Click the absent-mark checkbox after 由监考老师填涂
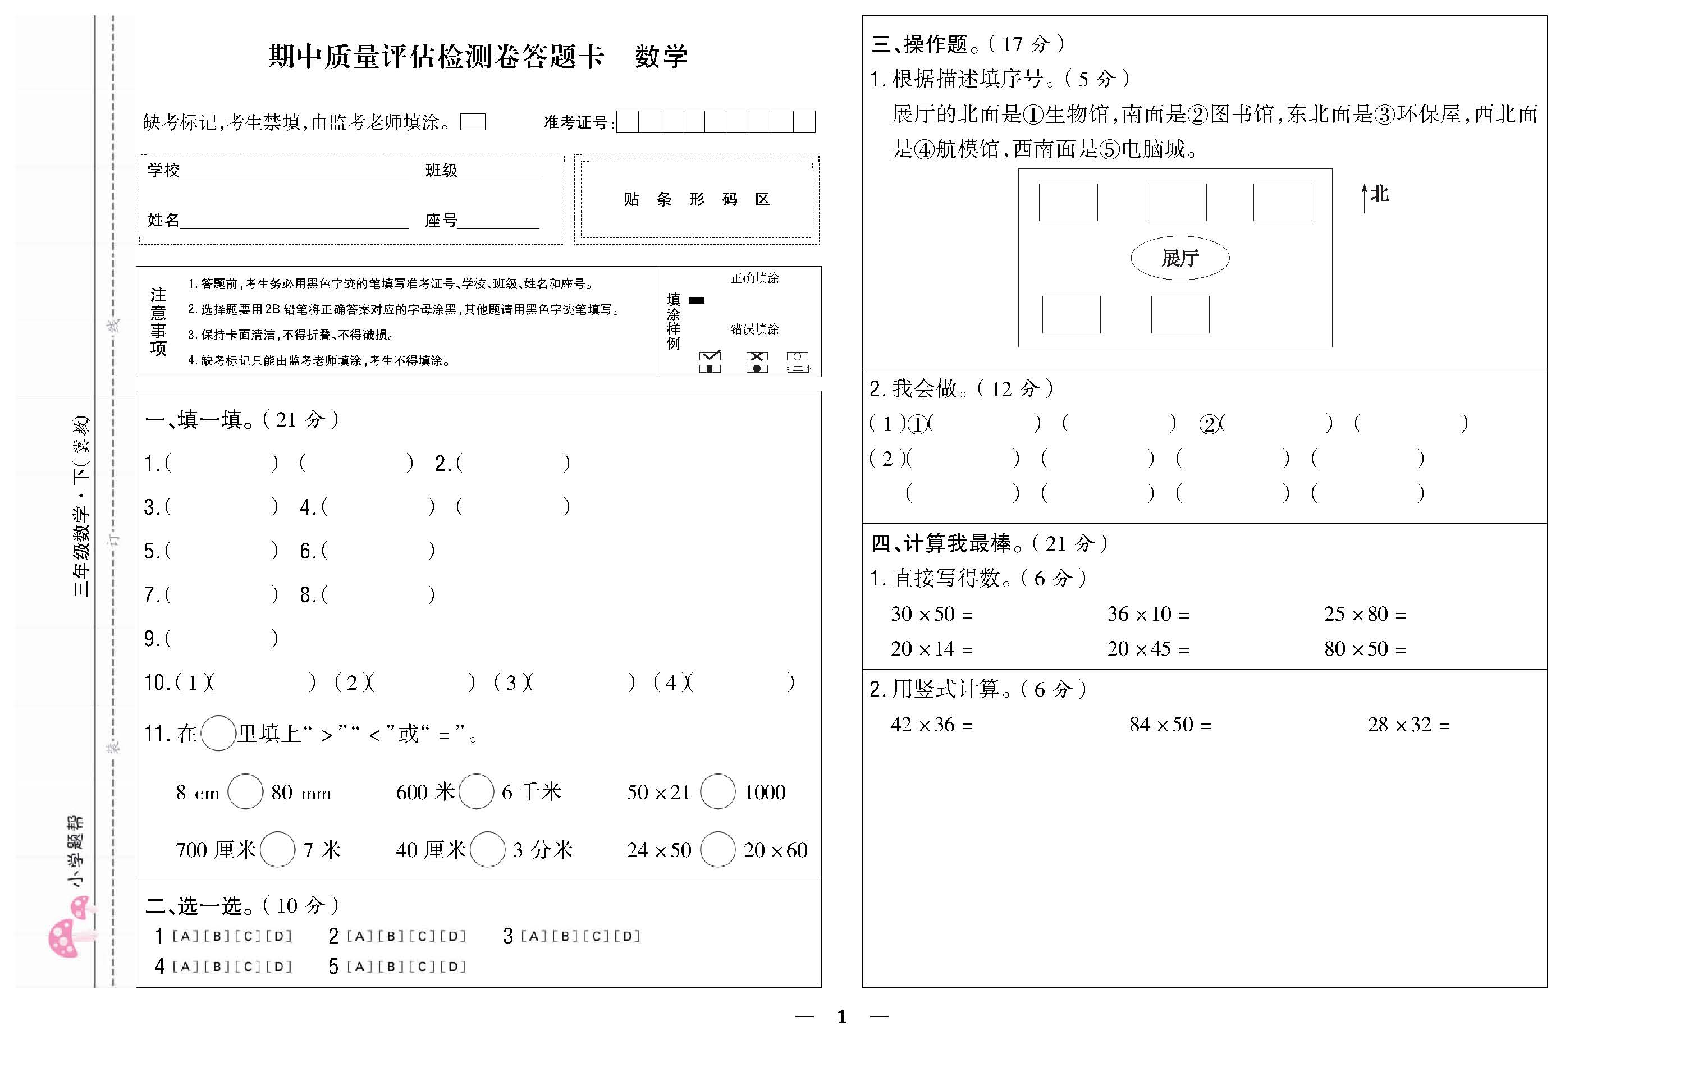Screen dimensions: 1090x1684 tap(473, 122)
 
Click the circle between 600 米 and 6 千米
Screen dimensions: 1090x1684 tap(476, 791)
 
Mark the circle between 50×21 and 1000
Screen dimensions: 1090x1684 tap(717, 791)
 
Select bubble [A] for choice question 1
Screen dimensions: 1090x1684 tap(185, 936)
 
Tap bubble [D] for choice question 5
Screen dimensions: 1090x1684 tap(453, 966)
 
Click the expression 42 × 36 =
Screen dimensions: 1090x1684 tap(931, 724)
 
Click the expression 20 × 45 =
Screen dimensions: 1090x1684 tap(1148, 649)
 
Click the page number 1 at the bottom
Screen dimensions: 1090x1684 tap(841, 1016)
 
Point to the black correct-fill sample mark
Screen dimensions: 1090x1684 tap(697, 300)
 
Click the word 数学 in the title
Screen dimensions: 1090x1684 tap(661, 57)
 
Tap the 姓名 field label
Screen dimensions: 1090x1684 tap(163, 220)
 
